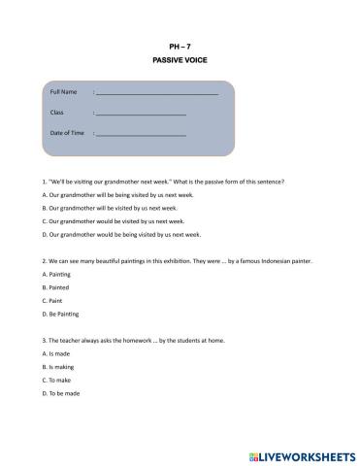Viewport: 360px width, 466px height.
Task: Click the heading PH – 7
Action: pyautogui.click(x=180, y=46)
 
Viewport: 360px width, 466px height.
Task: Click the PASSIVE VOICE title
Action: pyautogui.click(x=180, y=60)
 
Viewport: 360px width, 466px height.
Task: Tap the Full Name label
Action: pyautogui.click(x=63, y=91)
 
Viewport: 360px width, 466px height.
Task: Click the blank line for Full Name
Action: pyautogui.click(x=156, y=93)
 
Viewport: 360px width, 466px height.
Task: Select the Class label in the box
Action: pyautogui.click(x=56, y=113)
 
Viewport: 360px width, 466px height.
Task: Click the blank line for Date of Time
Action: pyautogui.click(x=141, y=134)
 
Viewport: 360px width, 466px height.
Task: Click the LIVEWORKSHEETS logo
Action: pyautogui.click(x=302, y=453)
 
